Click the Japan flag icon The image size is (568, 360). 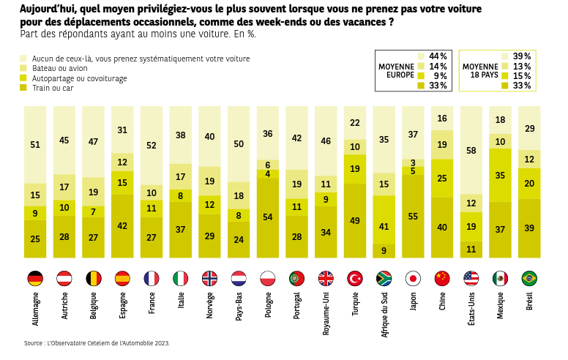tap(414, 278)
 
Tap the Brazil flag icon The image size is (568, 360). tap(529, 278)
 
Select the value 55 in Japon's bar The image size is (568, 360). tap(414, 217)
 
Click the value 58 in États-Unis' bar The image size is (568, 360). tap(471, 150)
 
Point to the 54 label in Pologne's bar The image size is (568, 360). tap(268, 217)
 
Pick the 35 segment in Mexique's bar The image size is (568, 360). tap(501, 175)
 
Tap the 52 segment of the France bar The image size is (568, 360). tap(152, 146)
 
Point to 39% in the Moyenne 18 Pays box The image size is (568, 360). tap(522, 56)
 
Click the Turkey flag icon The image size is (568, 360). tap(355, 278)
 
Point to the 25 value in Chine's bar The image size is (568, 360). tap(442, 178)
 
